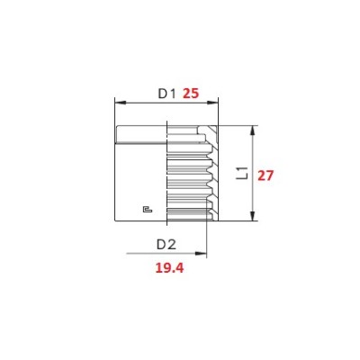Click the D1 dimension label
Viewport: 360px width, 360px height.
pyautogui.click(x=166, y=94)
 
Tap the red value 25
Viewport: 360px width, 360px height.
pyautogui.click(x=191, y=94)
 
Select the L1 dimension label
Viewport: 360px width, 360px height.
pyautogui.click(x=242, y=173)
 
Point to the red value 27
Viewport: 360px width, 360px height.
pyautogui.click(x=265, y=175)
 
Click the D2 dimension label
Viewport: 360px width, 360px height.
pyautogui.click(x=166, y=245)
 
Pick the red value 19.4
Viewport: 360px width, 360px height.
pyautogui.click(x=169, y=268)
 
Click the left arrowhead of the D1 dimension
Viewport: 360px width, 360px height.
pyautogui.click(x=120, y=103)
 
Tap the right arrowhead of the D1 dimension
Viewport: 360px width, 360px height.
pyautogui.click(x=213, y=103)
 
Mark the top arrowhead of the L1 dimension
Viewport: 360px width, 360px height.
pyautogui.click(x=253, y=130)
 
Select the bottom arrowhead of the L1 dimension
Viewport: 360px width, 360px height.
pyautogui.click(x=253, y=216)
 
